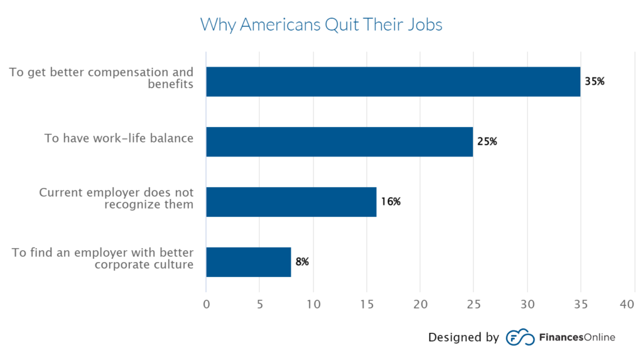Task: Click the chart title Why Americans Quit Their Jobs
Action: [x=321, y=25]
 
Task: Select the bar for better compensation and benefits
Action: [x=393, y=82]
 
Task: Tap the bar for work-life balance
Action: [x=339, y=141]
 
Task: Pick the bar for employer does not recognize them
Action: [x=291, y=202]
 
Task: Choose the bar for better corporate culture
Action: [x=248, y=261]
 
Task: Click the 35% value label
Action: [x=594, y=82]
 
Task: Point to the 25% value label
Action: [x=487, y=141]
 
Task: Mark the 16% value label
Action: [x=390, y=202]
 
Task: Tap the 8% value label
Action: [x=302, y=261]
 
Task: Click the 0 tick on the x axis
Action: [x=206, y=304]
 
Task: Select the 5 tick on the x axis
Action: [x=259, y=304]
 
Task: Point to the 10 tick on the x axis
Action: [x=313, y=304]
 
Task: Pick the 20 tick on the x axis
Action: [x=420, y=304]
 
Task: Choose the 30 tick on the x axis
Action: [x=527, y=304]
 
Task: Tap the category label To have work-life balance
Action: [x=119, y=138]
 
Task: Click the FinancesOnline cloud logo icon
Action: [x=519, y=337]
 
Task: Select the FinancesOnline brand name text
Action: [x=577, y=337]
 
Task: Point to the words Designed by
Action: [x=463, y=337]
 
